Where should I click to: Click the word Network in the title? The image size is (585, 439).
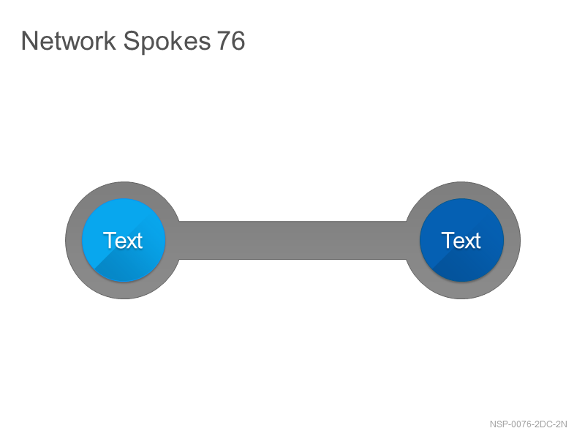(69, 41)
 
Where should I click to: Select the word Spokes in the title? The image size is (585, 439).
(167, 42)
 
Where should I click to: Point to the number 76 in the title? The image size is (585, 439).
(231, 41)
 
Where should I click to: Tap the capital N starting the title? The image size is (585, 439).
(29, 41)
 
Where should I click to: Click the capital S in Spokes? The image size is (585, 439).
(131, 41)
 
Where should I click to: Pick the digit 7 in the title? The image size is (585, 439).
(224, 41)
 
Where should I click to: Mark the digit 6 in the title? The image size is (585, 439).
(238, 41)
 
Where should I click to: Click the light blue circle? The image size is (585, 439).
(124, 240)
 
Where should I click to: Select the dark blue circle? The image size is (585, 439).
(461, 240)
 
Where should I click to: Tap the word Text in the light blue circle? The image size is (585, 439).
(123, 240)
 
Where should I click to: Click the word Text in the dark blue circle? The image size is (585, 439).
(461, 240)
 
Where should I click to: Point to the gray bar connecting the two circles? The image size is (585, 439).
(293, 240)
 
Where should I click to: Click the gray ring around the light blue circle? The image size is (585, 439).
(74, 240)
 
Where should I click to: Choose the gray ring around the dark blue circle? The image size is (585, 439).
(512, 240)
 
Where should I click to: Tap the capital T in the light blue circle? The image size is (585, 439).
(110, 240)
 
